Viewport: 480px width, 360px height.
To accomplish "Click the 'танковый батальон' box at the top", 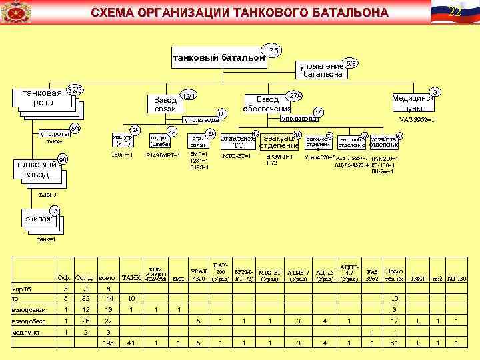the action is [x=219, y=59].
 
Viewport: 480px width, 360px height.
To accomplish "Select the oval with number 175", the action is [x=271, y=51].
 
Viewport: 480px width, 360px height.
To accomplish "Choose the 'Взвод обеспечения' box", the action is [x=267, y=104].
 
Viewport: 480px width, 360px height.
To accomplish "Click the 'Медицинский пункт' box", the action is [x=413, y=102].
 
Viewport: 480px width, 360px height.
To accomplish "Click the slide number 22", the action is [x=455, y=11].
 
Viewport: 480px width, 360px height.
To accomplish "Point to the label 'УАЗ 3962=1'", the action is [x=417, y=120].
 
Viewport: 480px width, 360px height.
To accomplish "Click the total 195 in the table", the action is [x=107, y=343].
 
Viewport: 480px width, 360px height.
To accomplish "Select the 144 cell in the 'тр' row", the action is [x=107, y=298].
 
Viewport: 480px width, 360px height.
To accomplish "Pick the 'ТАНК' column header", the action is [x=131, y=277].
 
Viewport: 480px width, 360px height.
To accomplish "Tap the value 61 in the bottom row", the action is [x=395, y=343].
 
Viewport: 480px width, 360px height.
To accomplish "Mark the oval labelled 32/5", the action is [x=75, y=89].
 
